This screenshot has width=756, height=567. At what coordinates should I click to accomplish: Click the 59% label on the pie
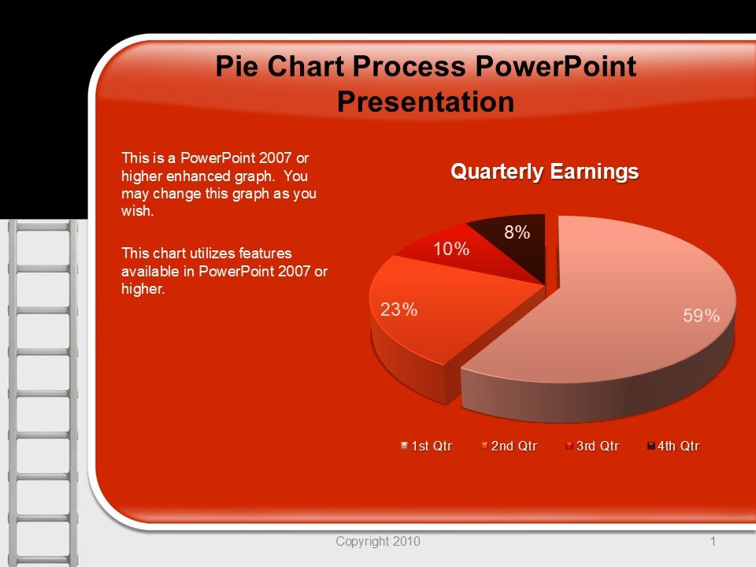(701, 316)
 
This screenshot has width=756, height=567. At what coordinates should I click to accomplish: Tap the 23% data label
(398, 309)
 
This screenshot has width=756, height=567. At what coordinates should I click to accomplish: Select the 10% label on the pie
(451, 249)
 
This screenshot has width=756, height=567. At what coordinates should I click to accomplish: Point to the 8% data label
(517, 232)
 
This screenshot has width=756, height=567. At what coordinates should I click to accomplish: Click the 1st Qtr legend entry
(426, 446)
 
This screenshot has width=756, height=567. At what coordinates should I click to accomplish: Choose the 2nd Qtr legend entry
(510, 446)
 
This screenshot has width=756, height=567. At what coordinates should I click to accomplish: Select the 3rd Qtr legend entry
(592, 446)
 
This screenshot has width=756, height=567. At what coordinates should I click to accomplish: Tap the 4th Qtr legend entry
(673, 446)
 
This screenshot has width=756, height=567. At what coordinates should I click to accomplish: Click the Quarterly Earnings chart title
(545, 172)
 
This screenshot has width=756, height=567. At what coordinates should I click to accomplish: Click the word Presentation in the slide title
(426, 102)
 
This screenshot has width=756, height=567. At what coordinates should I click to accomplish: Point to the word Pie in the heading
(236, 66)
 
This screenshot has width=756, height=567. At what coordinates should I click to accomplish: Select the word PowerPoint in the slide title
(556, 66)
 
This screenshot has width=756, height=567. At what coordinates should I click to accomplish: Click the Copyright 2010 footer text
(378, 542)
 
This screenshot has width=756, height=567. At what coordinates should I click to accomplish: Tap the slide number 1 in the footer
(713, 542)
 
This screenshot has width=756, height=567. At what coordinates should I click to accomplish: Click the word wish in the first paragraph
(137, 211)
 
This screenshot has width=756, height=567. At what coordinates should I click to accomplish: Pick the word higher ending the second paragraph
(143, 289)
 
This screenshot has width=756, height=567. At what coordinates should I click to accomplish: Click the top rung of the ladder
(43, 226)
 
